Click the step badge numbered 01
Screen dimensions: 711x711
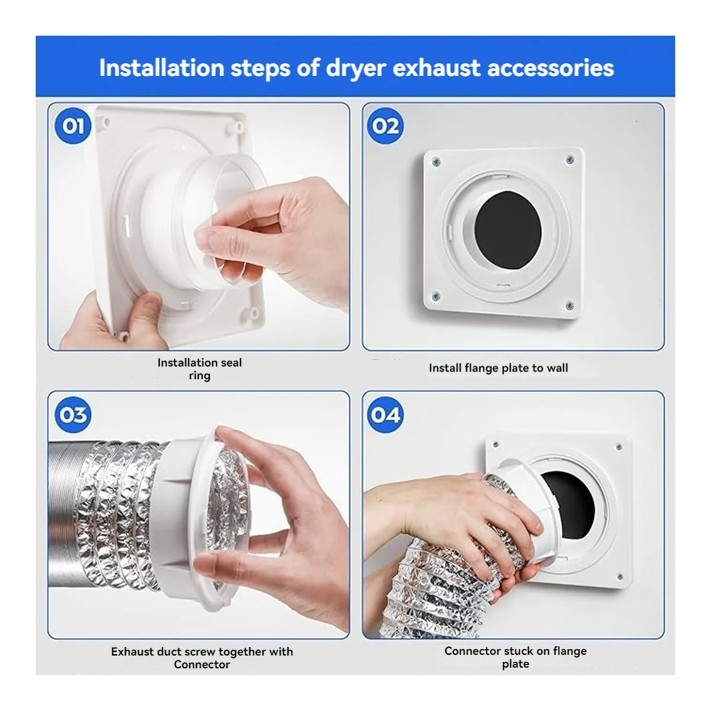(73, 126)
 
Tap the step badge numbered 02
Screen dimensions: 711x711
(386, 126)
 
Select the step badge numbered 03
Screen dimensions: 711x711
(73, 415)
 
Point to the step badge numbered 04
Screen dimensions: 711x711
(386, 415)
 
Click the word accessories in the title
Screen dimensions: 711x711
(550, 68)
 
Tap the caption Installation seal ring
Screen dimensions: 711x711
(200, 369)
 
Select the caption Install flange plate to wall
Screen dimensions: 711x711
(498, 368)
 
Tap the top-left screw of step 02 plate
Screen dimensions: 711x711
(435, 161)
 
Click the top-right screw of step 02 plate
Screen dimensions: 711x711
(570, 159)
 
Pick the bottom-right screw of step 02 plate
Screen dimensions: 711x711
(569, 306)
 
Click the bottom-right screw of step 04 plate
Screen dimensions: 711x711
(620, 575)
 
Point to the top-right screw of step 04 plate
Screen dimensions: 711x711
(619, 446)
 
